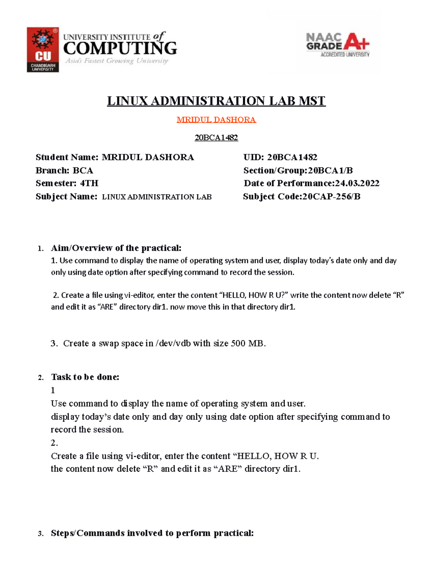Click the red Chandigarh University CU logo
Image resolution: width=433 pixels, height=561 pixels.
pyautogui.click(x=43, y=50)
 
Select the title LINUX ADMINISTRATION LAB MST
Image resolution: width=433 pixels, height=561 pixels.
pyautogui.click(x=216, y=101)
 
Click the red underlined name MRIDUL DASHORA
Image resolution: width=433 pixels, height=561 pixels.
pyautogui.click(x=216, y=120)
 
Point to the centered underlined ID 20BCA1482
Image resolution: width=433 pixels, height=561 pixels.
pyautogui.click(x=216, y=138)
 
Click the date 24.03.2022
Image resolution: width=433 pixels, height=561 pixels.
pyautogui.click(x=357, y=183)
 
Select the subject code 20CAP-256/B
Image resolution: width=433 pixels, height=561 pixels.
pyautogui.click(x=331, y=197)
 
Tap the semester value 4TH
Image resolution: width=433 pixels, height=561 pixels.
pyautogui.click(x=89, y=183)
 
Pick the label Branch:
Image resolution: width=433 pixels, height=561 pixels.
pyautogui.click(x=53, y=170)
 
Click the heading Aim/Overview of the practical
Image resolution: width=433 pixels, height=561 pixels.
pyautogui.click(x=116, y=248)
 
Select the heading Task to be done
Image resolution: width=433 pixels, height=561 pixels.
pyautogui.click(x=85, y=377)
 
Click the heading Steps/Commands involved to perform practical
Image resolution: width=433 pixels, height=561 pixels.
pyautogui.click(x=152, y=533)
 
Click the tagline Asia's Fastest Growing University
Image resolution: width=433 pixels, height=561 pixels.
pyautogui.click(x=117, y=61)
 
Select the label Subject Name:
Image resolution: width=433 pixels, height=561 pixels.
pyautogui.click(x=66, y=197)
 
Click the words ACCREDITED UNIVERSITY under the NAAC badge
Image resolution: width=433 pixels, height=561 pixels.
pyautogui.click(x=345, y=55)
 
